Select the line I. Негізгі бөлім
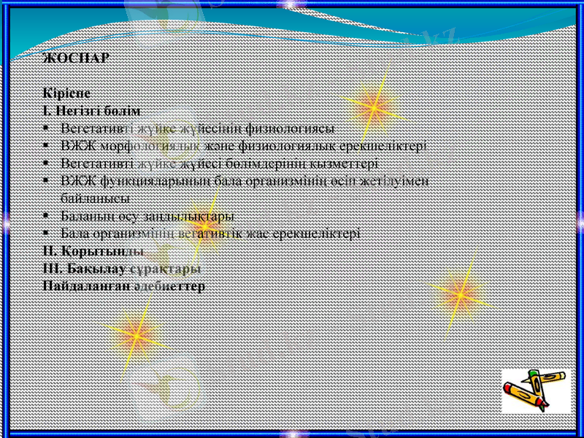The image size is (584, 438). click(92, 111)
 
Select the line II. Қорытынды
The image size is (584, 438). click(93, 250)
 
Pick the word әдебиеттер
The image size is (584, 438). click(170, 285)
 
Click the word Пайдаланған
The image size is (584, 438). click(86, 285)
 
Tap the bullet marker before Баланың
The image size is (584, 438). click(47, 216)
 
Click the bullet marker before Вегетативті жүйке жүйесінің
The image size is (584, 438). click(47, 127)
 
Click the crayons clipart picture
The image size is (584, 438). click(535, 391)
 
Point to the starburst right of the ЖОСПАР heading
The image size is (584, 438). click(372, 104)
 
